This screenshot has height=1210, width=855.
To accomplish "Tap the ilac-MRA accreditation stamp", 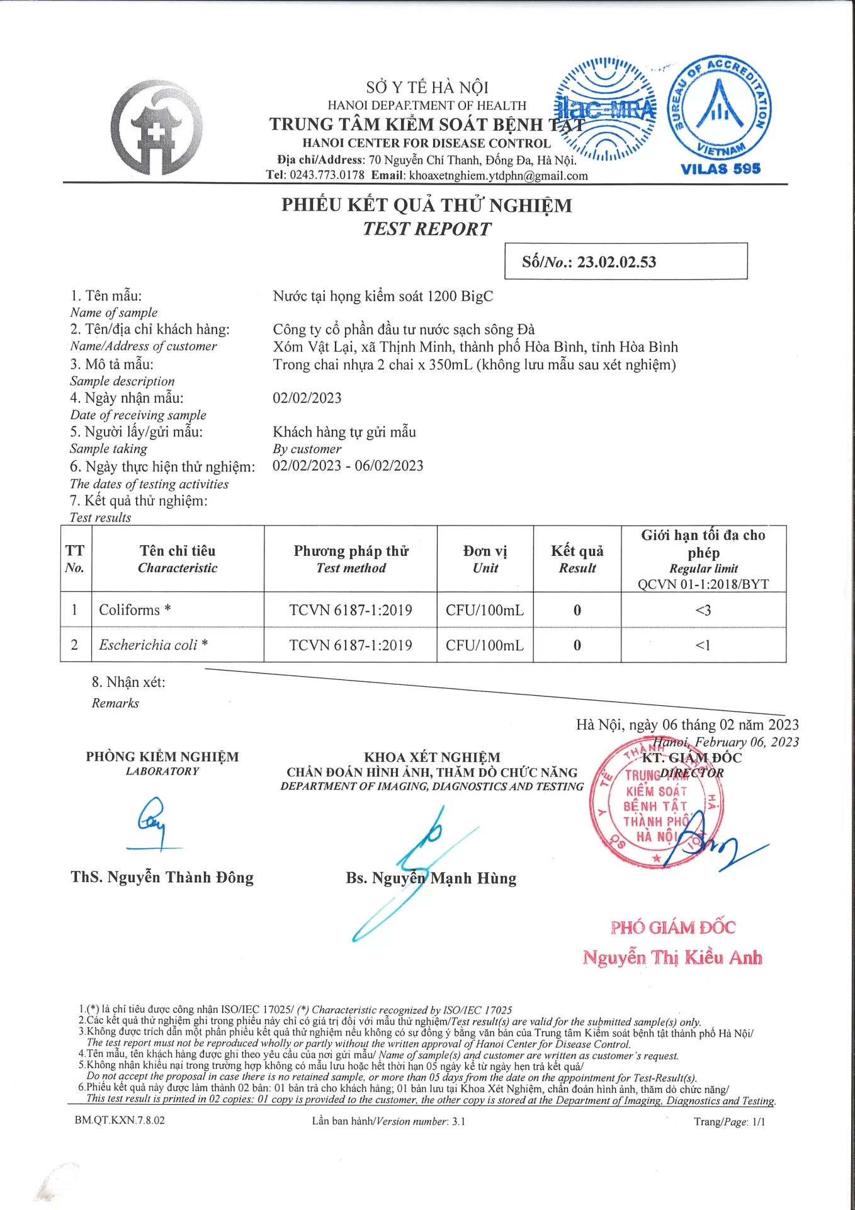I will coord(606,109).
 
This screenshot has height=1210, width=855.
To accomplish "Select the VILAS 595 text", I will coord(720,169).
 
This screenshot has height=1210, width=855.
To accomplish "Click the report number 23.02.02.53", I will coord(616,262).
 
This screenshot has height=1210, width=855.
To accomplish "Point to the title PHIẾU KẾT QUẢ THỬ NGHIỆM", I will coord(426,205).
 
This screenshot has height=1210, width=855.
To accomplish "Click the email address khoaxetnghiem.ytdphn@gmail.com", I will coord(498,176).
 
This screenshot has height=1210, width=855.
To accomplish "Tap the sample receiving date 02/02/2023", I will coord(307,398).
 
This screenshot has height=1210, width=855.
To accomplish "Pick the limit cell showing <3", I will coord(703,610).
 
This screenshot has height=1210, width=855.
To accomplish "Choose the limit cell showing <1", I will coord(703,645).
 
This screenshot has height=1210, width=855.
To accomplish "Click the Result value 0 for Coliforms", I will coord(577,610).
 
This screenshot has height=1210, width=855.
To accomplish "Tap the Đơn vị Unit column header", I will coord(485,559).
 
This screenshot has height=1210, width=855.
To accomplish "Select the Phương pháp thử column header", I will coord(351,559).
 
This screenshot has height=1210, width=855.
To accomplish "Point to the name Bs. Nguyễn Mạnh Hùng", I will coord(431,879).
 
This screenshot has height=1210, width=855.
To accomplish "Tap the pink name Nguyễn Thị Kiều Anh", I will coord(672,958).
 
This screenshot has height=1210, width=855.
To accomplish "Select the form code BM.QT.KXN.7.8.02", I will coord(120,1121).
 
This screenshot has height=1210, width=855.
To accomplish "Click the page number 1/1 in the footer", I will coord(758,1122).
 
